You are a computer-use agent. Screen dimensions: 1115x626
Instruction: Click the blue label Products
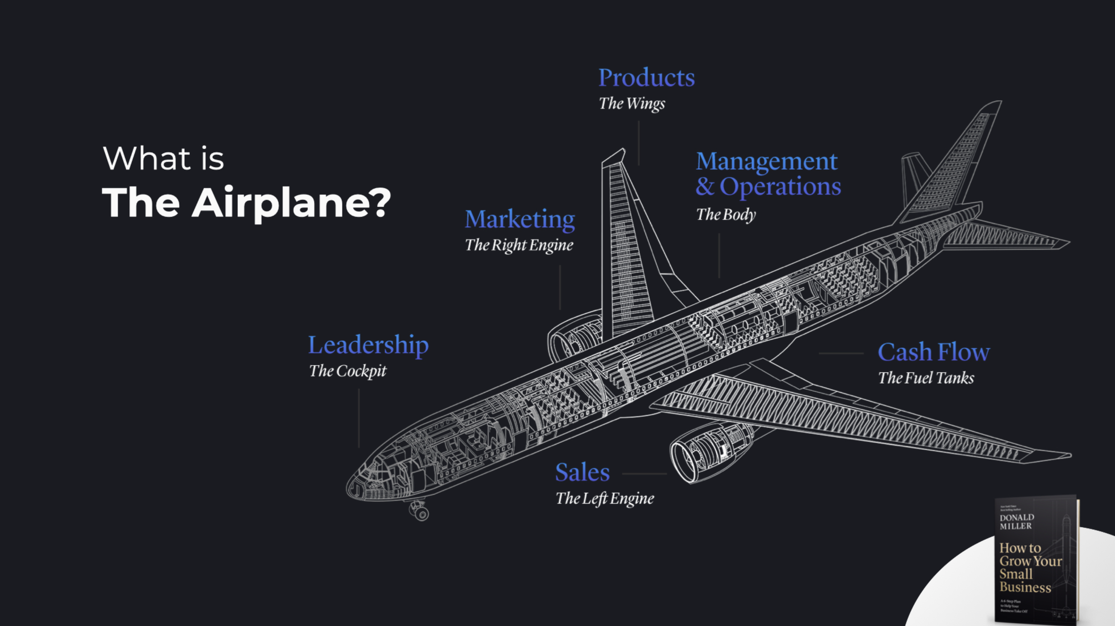(646, 78)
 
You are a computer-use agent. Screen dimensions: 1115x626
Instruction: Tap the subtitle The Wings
(632, 104)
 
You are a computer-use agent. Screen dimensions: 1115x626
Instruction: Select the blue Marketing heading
(520, 220)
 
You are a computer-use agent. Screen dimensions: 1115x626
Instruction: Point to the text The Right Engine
(519, 245)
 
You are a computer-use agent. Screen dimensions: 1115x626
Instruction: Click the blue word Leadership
(368, 345)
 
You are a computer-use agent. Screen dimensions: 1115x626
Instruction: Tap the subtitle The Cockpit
(348, 371)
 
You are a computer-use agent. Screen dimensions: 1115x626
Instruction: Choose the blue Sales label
(582, 473)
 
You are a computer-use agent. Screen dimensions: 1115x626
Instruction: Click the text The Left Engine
(604, 498)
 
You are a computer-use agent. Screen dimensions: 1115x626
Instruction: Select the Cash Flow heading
(933, 352)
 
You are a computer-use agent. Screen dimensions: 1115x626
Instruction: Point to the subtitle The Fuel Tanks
(926, 378)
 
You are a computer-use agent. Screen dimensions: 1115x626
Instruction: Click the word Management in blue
(767, 162)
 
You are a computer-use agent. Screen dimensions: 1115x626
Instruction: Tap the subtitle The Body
(726, 215)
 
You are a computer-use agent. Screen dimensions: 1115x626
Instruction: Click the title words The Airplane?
(246, 203)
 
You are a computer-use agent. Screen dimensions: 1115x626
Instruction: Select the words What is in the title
(163, 159)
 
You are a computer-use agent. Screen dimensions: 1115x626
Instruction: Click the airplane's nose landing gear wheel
(421, 514)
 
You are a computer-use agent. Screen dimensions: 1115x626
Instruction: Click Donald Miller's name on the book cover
(1016, 522)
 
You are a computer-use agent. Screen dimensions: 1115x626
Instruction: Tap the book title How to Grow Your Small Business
(1026, 567)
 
